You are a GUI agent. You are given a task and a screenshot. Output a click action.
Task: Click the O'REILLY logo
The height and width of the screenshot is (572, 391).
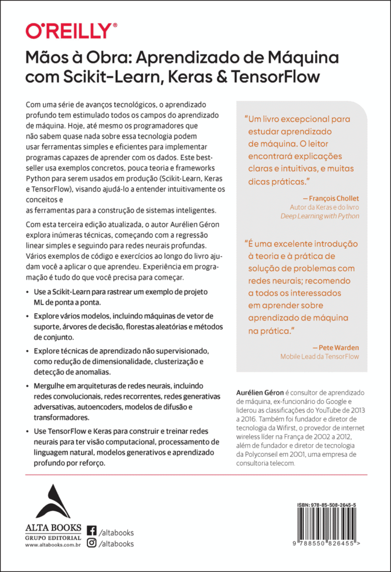coord(71,31)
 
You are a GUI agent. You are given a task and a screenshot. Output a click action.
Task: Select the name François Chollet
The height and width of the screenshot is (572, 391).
coord(332,197)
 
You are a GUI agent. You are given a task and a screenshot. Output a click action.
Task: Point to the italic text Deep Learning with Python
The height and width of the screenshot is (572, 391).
coord(320,215)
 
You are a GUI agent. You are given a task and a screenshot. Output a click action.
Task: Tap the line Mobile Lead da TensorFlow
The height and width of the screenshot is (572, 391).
coord(319,357)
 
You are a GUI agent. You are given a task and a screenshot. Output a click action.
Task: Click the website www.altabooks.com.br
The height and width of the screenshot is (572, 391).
coord(54,545)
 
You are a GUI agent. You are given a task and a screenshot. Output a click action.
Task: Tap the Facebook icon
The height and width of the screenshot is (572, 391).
coord(92,531)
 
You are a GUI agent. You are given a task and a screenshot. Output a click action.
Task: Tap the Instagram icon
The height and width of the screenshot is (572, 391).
coord(92,543)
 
